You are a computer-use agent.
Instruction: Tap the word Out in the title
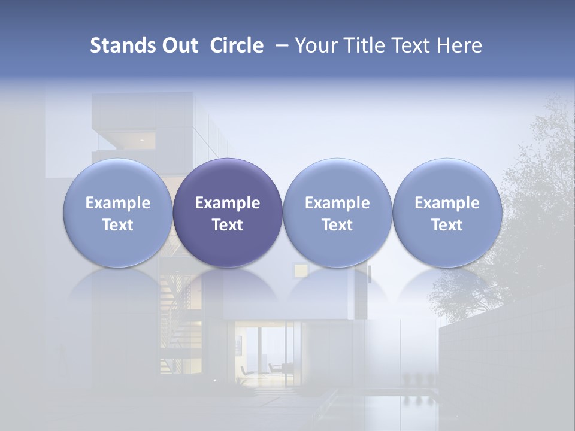(178, 45)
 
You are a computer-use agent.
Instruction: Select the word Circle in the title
(237, 45)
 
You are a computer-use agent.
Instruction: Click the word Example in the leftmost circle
(117, 203)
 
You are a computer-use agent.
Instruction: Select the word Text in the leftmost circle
(117, 225)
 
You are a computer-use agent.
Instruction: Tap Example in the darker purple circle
(228, 203)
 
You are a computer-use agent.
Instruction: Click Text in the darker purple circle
(228, 225)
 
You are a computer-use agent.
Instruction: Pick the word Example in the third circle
(337, 203)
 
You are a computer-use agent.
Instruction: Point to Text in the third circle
(337, 225)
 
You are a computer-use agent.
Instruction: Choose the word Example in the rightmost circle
(447, 203)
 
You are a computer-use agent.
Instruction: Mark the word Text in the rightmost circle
(447, 225)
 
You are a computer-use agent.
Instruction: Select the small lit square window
(299, 271)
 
